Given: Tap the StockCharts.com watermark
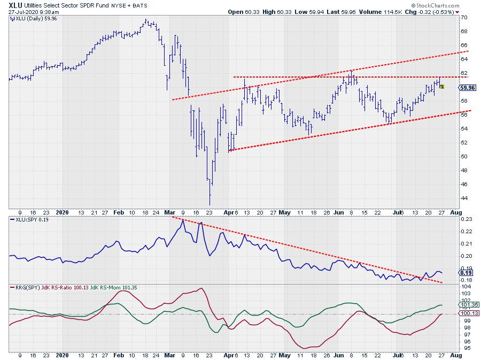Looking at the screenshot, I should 447,5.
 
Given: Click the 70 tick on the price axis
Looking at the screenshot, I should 465,17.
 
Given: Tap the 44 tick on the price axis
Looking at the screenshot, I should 465,198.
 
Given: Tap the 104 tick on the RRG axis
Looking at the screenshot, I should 466,287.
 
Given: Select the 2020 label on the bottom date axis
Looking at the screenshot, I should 63,355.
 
